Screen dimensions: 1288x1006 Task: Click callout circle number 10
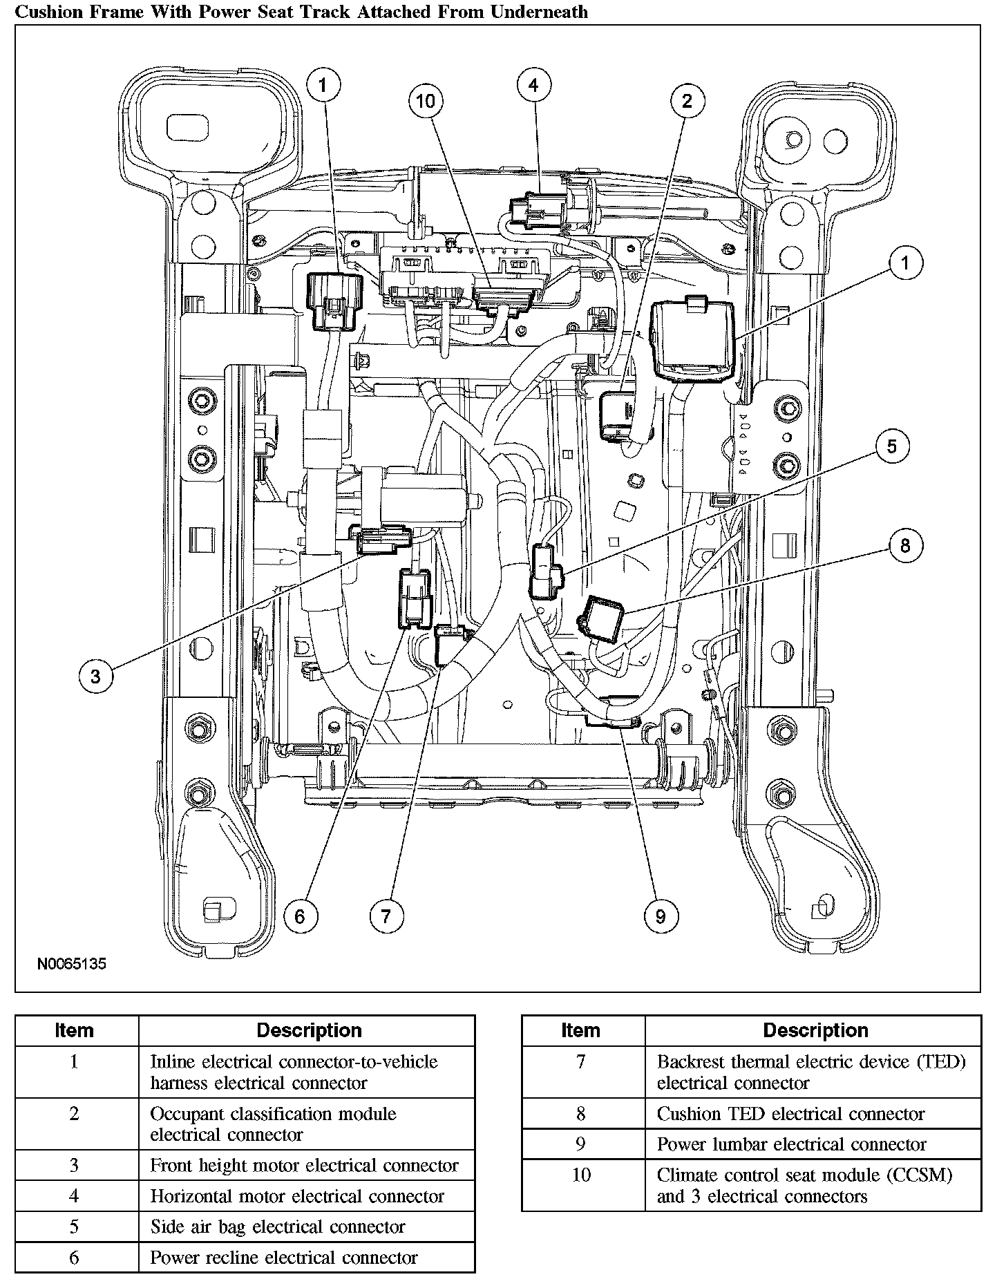tap(426, 102)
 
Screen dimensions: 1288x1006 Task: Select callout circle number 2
tap(686, 102)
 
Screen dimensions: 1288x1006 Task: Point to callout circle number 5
tap(891, 446)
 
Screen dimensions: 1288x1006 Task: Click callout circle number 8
tap(905, 547)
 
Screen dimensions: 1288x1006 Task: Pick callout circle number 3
tap(95, 676)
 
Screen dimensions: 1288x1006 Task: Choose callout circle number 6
tap(300, 916)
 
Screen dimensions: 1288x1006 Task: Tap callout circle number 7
tap(386, 916)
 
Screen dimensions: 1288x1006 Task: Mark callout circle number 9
tap(661, 916)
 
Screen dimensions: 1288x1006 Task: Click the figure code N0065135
tap(72, 963)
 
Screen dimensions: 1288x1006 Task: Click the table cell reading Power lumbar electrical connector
tap(791, 1144)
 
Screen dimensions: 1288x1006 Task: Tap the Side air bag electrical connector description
tap(277, 1227)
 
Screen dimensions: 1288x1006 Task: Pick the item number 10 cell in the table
tap(582, 1175)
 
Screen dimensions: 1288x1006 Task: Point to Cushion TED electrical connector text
tap(790, 1114)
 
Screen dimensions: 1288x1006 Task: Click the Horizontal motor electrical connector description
tap(297, 1196)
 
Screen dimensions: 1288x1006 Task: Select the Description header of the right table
tap(815, 1030)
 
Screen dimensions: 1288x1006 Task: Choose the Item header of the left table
tap(74, 1030)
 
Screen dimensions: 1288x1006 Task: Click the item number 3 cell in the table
tap(74, 1166)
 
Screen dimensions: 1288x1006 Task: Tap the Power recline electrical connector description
tap(283, 1257)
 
